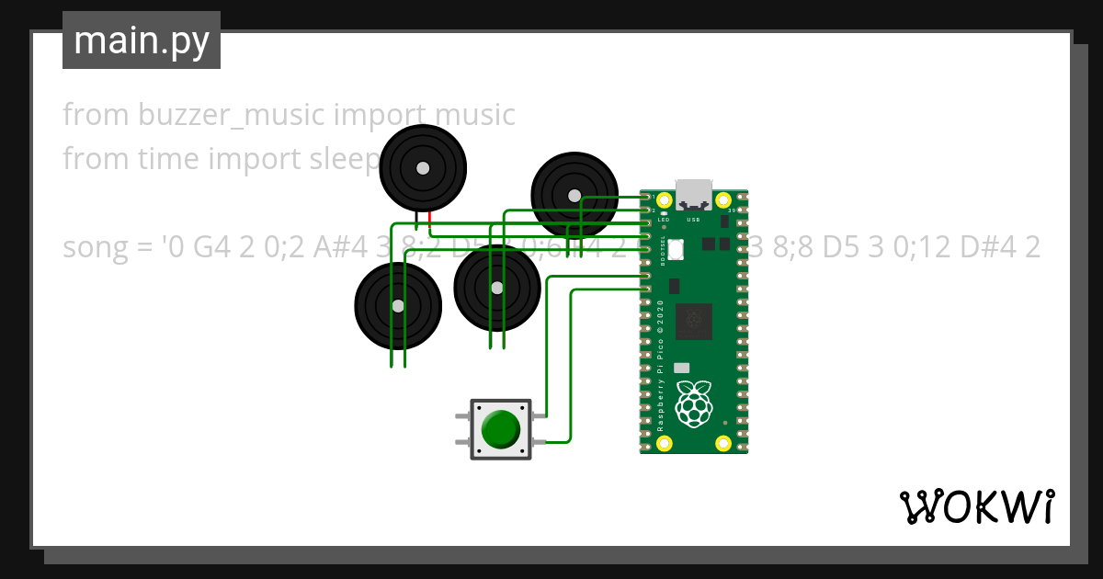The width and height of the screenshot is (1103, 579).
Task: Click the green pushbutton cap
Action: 500,429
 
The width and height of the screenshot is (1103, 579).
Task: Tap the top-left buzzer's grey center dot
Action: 422,168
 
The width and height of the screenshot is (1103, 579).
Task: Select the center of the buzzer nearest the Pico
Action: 574,195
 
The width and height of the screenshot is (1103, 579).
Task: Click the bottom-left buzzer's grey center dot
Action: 398,306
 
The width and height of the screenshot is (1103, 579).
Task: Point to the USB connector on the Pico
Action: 694,194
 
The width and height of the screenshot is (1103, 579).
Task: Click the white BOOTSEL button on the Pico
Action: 677,248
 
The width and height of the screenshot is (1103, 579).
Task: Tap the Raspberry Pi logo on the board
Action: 694,403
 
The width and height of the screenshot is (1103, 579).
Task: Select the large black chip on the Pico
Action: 693,321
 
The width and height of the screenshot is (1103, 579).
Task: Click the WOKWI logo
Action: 976,506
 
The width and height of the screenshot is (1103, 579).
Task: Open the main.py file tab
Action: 142,40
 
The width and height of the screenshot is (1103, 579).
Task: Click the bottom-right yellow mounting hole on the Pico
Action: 723,445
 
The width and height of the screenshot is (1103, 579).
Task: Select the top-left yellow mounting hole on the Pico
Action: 664,199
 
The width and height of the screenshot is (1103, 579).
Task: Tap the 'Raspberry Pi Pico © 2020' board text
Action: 661,365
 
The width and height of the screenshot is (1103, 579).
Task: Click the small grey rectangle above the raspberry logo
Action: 681,366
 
